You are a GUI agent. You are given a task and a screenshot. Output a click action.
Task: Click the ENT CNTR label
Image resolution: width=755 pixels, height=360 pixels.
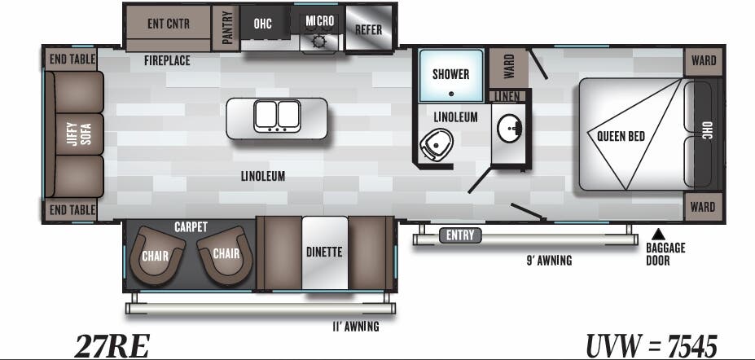[x=168, y=24]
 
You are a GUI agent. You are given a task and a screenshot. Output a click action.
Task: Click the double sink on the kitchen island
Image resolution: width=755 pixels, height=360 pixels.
[x=277, y=116]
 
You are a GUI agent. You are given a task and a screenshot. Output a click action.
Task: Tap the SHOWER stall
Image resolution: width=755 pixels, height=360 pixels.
[x=450, y=75]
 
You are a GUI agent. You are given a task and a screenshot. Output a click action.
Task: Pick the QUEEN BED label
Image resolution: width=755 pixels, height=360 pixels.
[x=621, y=136]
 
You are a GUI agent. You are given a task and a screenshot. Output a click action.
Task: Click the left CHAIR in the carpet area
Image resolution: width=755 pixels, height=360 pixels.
[x=155, y=255]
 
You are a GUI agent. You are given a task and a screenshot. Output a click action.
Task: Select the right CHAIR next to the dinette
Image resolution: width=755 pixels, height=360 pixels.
[x=225, y=253]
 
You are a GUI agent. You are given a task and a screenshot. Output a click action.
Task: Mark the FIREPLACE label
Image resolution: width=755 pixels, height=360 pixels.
[x=167, y=61]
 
